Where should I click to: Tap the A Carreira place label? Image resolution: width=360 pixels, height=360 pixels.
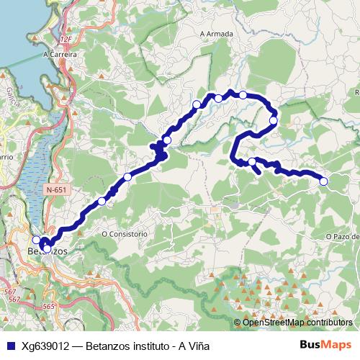tap(60, 54)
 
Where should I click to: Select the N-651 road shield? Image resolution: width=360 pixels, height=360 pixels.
tap(53, 189)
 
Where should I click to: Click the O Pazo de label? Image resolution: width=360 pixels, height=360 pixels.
tap(342, 236)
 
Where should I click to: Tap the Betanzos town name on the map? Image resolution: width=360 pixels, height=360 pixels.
tap(47, 252)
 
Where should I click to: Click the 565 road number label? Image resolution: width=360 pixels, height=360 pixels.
tap(48, 307)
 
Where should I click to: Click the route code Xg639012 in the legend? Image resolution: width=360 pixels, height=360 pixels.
tap(46, 345)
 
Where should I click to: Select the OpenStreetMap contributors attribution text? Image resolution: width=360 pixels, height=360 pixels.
tap(297, 323)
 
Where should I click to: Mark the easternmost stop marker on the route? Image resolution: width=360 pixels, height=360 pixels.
tap(323, 181)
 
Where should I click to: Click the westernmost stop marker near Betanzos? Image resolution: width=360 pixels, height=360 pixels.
tap(37, 240)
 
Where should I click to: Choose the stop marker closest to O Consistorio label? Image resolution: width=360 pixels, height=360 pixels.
tap(102, 202)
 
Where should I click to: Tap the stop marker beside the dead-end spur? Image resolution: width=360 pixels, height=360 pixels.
tap(252, 162)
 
